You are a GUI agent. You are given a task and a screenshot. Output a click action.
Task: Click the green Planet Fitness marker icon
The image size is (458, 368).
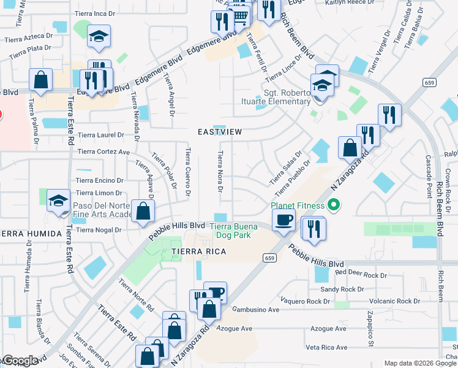(334, 205)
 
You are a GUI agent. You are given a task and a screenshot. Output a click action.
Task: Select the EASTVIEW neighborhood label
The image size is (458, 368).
(220, 132)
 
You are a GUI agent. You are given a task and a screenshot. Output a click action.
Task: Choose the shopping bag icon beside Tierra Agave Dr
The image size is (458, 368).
(142, 211)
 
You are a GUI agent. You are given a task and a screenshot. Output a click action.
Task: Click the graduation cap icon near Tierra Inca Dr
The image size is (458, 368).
(98, 37)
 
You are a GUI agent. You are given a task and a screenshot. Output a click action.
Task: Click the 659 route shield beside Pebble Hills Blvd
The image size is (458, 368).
(269, 258)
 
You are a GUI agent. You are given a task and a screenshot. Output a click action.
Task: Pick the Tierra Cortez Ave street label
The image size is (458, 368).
(104, 151)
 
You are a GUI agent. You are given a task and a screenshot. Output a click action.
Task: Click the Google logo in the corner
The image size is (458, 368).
(20, 361)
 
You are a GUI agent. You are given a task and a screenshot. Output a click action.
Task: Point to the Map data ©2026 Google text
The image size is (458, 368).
(420, 363)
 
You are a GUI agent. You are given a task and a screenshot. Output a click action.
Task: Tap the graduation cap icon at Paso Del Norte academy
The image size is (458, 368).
(59, 201)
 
